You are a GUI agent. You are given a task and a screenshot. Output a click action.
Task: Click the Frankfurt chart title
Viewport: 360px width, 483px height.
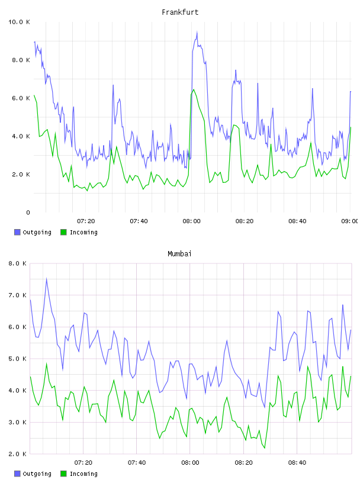click(180, 12)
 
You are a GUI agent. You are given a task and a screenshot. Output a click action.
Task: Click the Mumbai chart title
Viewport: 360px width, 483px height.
click(179, 254)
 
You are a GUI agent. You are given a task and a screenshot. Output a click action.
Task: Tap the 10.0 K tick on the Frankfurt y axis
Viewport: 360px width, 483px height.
click(19, 22)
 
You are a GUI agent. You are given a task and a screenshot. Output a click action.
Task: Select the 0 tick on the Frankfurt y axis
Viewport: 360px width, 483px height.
click(28, 212)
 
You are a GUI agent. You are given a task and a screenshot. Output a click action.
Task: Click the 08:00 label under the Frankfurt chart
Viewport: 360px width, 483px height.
click(191, 221)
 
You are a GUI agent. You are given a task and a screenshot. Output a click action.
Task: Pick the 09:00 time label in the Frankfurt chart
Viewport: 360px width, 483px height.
click(349, 221)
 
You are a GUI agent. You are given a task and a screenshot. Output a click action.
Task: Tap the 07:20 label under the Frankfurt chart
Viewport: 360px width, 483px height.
click(86, 221)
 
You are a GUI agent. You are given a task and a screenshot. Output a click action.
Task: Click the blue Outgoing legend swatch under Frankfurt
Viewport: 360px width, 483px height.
click(17, 232)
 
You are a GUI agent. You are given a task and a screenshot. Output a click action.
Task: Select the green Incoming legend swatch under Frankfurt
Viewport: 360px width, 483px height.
click(63, 232)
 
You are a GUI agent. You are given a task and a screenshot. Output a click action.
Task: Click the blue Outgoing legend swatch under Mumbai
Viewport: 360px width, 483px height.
click(17, 474)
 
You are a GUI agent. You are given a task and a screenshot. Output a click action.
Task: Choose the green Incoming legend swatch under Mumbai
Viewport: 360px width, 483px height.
click(63, 474)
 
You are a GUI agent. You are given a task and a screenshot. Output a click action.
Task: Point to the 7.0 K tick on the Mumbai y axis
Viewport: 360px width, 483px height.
click(17, 295)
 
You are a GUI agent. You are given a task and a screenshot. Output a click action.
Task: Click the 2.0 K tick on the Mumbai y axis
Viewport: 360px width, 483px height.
click(17, 454)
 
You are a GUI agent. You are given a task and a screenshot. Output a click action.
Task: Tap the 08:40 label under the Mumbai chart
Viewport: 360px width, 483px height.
click(297, 463)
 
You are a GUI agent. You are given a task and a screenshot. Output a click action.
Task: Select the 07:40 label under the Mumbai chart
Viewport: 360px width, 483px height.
click(137, 463)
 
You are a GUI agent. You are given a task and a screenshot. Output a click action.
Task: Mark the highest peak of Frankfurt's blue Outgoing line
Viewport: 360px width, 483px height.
click(197, 32)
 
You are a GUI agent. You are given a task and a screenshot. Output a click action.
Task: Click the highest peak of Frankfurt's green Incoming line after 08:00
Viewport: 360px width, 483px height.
click(194, 89)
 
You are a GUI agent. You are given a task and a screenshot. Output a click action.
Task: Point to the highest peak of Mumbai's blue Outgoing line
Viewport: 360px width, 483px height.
click(47, 278)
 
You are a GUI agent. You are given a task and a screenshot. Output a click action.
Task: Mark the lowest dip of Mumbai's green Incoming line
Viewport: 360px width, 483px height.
click(265, 448)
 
